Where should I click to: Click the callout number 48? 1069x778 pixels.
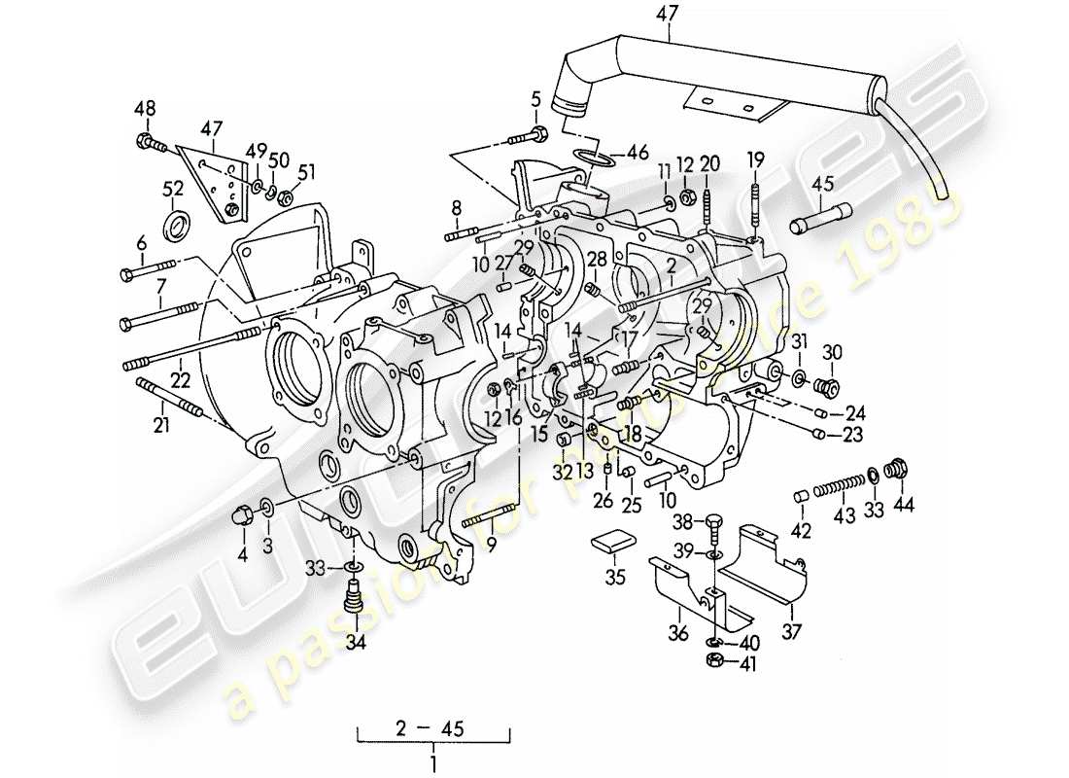click(x=144, y=108)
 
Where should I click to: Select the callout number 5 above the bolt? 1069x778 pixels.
click(x=535, y=98)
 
